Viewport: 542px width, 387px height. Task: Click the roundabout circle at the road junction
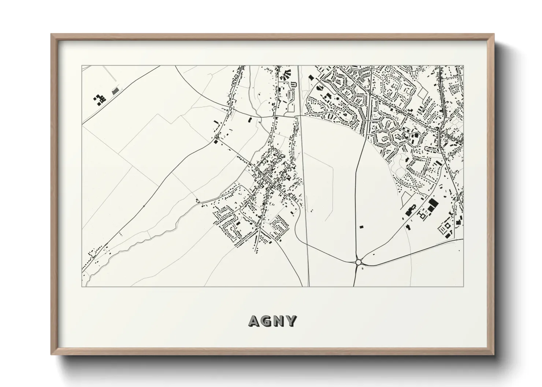(x=358, y=262)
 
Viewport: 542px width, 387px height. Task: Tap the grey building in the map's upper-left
(x=115, y=91)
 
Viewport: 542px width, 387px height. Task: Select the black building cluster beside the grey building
(x=99, y=99)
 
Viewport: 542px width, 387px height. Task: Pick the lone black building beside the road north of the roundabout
(x=361, y=227)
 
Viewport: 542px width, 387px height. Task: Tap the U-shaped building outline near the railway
(x=293, y=85)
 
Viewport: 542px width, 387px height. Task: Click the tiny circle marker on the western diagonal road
(x=144, y=206)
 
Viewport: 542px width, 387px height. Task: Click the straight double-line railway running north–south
(x=304, y=183)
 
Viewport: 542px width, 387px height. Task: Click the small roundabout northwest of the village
(x=216, y=141)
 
